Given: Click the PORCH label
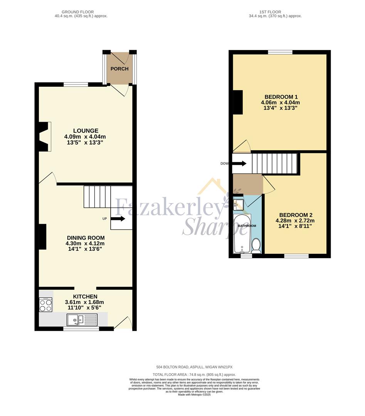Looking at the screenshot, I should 119,69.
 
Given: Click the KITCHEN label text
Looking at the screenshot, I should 85,297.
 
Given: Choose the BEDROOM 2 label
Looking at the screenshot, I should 295,215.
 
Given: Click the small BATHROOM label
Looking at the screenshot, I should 247,226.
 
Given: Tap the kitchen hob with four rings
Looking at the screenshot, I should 46,305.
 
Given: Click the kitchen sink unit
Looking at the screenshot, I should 82,319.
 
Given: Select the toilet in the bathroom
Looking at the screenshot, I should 256,245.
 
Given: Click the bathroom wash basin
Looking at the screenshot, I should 238,203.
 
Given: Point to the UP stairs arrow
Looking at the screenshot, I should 118,219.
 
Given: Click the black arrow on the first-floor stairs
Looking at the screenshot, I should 239,163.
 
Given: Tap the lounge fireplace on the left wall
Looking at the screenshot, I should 45,136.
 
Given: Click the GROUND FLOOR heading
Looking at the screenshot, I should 81,12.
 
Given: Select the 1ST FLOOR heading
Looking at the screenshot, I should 275,12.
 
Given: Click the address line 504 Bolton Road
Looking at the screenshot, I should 194,367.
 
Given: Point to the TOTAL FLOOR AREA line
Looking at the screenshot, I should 194,374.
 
